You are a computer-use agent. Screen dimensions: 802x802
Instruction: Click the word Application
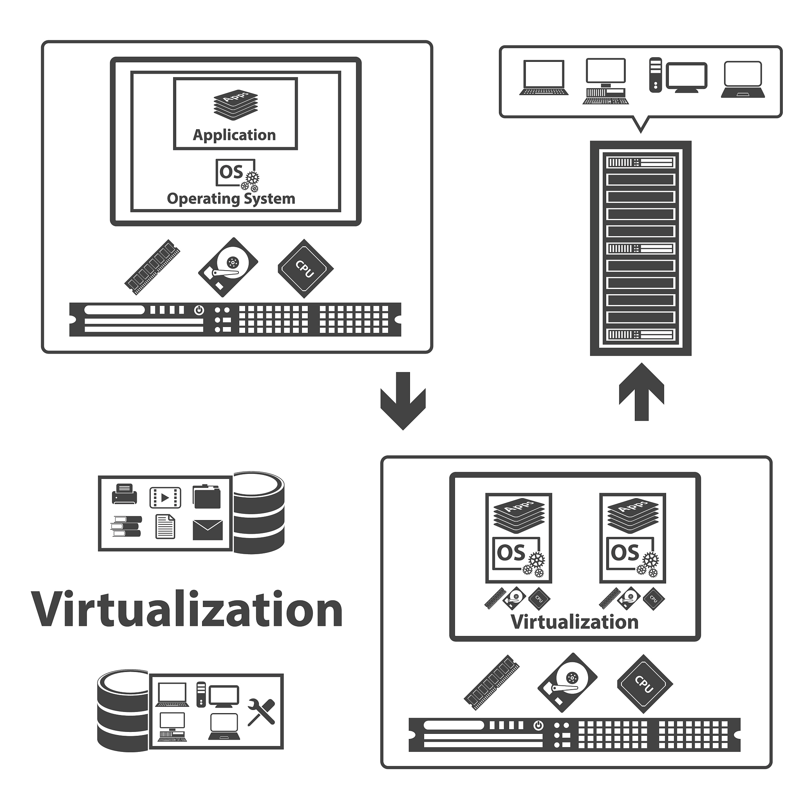pos(234,135)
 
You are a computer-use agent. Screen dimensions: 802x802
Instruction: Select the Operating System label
pos(231,199)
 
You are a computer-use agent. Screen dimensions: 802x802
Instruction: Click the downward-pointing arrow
pos(403,400)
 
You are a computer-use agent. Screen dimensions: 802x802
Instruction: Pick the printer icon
pos(124,494)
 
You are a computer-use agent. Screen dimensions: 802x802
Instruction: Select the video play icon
pos(165,497)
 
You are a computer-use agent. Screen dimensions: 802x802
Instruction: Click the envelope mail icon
pos(208,530)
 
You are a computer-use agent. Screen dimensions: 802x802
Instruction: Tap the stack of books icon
pos(126,526)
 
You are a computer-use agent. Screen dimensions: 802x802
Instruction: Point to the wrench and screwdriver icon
pos(261,712)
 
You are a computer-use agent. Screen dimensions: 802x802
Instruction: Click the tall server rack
pos(641,248)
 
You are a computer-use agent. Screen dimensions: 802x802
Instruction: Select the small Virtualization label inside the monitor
pos(574,622)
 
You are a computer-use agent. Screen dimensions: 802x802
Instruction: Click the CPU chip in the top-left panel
pos(305,269)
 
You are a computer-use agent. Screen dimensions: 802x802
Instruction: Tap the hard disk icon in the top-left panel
pos(228,267)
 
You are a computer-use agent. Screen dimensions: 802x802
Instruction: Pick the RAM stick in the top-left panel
pos(152,267)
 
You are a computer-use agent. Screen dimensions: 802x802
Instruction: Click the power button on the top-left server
pos(199,310)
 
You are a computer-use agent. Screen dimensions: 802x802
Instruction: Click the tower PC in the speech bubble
pos(656,75)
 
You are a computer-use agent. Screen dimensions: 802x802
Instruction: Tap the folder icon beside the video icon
pos(207,497)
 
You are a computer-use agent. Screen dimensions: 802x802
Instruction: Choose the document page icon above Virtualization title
pos(165,527)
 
